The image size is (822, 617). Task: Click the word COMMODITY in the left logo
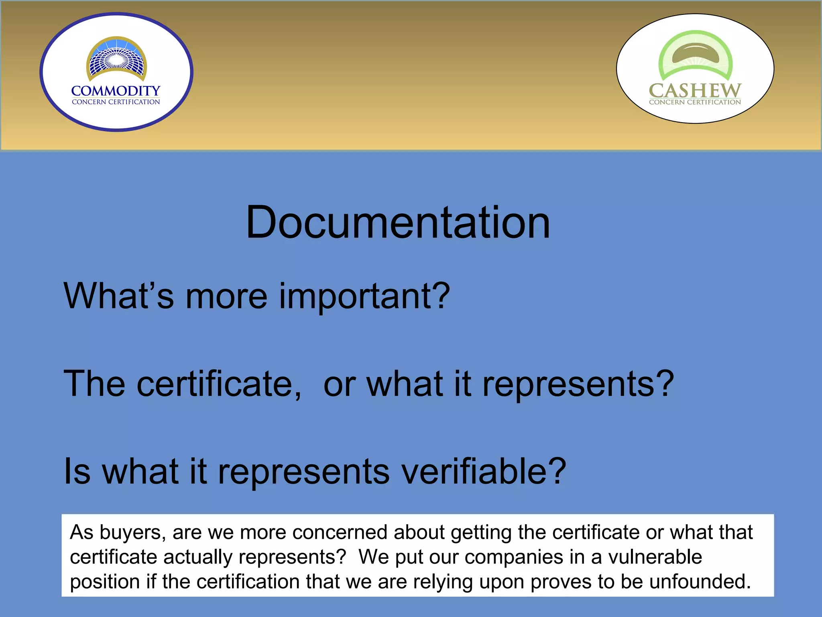(x=116, y=91)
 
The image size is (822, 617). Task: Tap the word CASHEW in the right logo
(x=695, y=90)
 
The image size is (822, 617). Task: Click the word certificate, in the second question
(x=219, y=384)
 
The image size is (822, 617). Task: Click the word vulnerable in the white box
(x=655, y=558)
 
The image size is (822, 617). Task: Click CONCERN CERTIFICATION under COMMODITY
(x=116, y=102)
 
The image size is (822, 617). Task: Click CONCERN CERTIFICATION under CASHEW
(x=695, y=102)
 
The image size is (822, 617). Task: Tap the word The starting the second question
(x=94, y=384)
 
